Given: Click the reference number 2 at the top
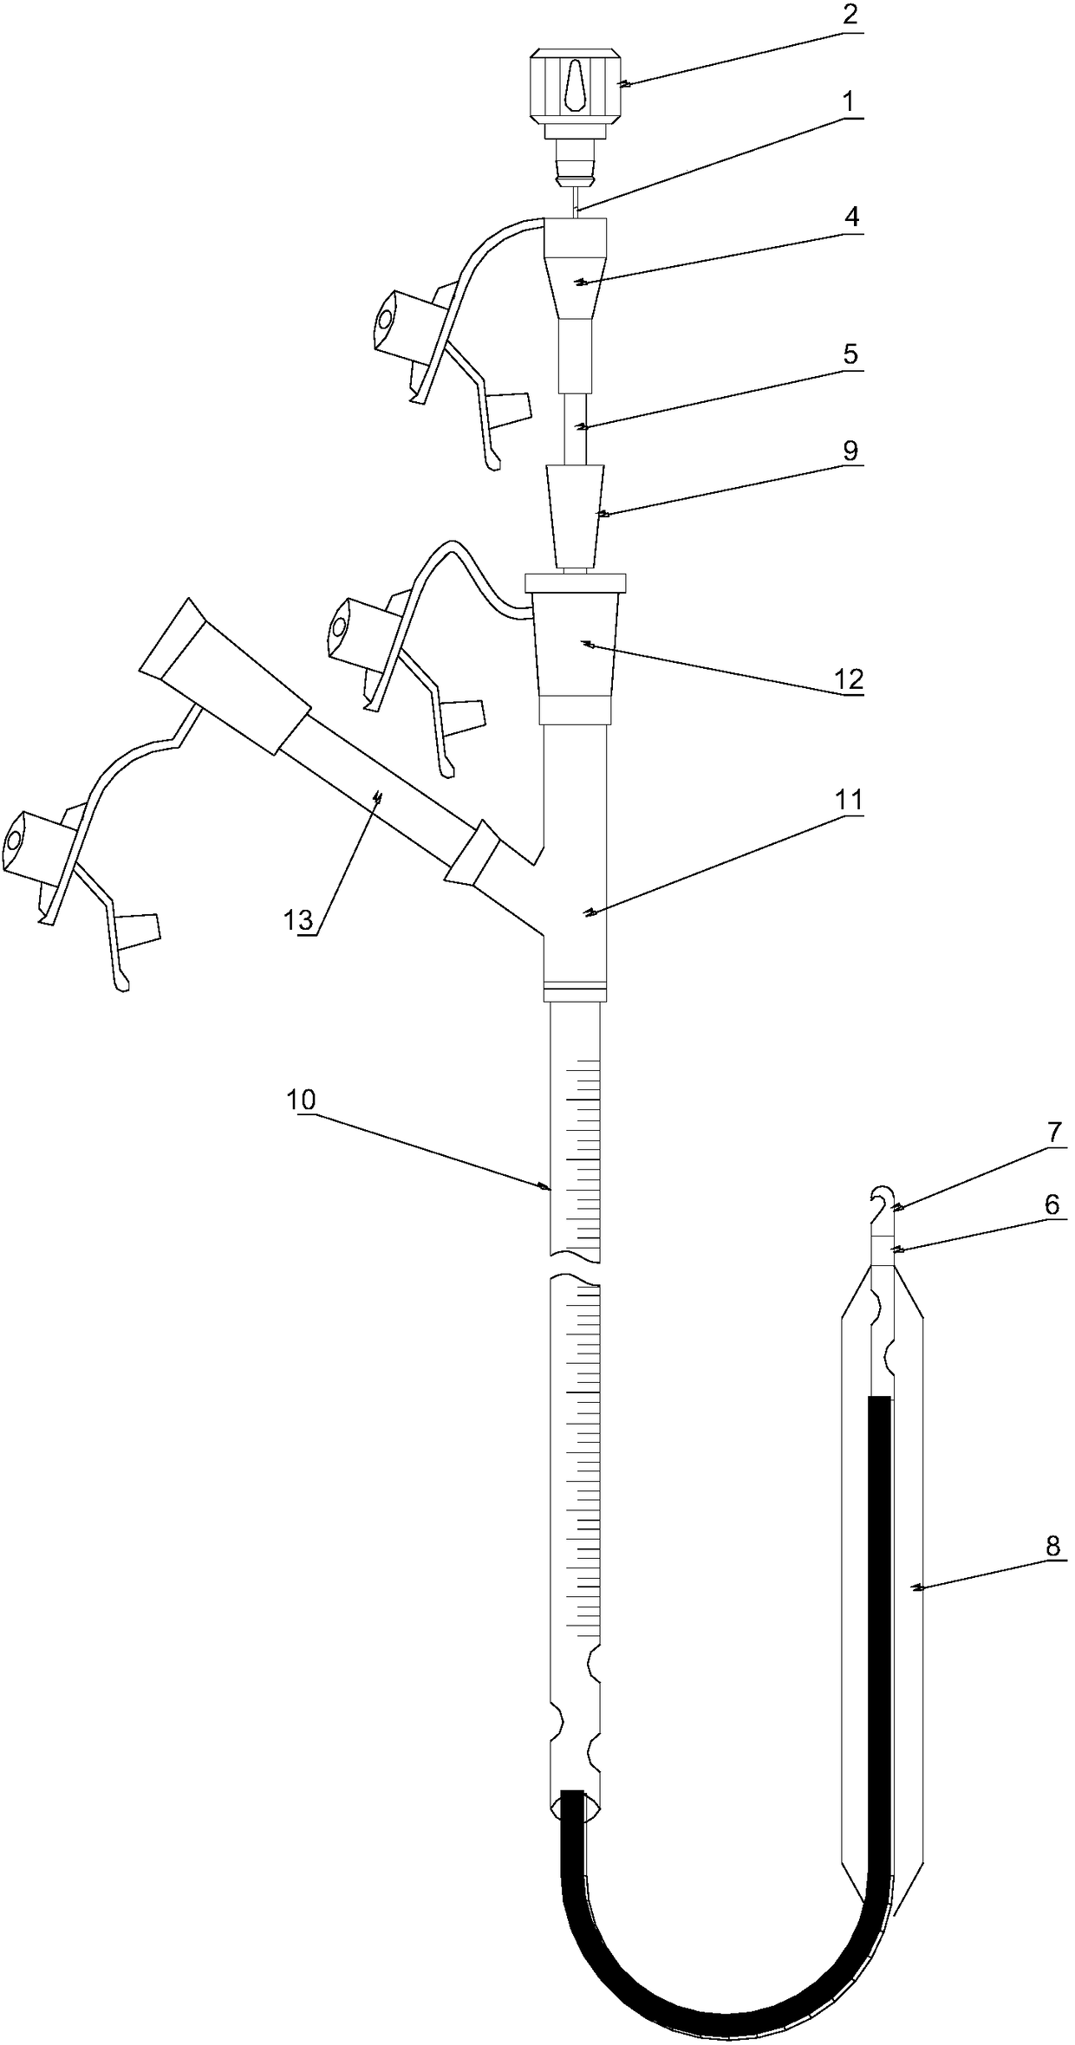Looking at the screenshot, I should coord(850,16).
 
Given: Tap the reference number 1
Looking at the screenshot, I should coord(850,102).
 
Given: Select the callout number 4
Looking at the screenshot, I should coord(852,216).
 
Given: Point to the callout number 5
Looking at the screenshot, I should coord(850,354).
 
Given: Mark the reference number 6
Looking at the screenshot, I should coord(1052,1204).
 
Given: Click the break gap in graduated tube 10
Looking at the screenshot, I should coord(575,1266).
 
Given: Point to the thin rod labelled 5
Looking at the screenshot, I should coord(574,429).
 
